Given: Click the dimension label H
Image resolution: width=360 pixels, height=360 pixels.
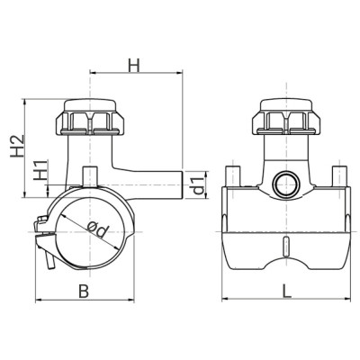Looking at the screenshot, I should coord(133,65).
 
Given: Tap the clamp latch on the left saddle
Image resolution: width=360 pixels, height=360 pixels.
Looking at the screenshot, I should coord(42,239).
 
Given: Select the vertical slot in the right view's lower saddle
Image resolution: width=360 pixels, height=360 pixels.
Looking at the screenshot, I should coord(285,247).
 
